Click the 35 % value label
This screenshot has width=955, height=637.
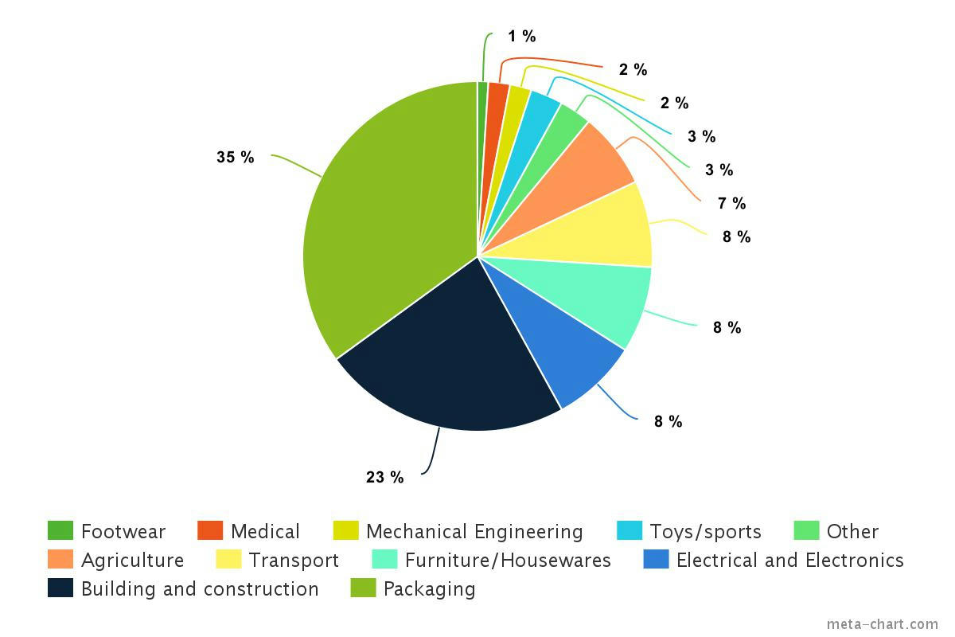(236, 158)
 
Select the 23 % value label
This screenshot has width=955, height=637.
(385, 478)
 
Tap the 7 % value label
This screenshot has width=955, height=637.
(731, 203)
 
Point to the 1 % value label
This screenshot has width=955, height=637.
(522, 37)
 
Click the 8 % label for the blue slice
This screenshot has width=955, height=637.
(668, 422)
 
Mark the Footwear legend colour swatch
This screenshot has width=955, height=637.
(60, 531)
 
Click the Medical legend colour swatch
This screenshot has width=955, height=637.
(210, 531)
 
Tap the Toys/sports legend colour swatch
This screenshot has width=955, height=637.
(630, 531)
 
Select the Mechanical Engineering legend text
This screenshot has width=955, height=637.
(474, 532)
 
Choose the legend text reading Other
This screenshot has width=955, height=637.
(852, 532)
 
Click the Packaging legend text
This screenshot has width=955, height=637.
(430, 589)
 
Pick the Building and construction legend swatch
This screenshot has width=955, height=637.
(60, 588)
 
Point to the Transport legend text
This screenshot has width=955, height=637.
(294, 561)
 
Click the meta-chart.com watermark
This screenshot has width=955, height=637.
(883, 624)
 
